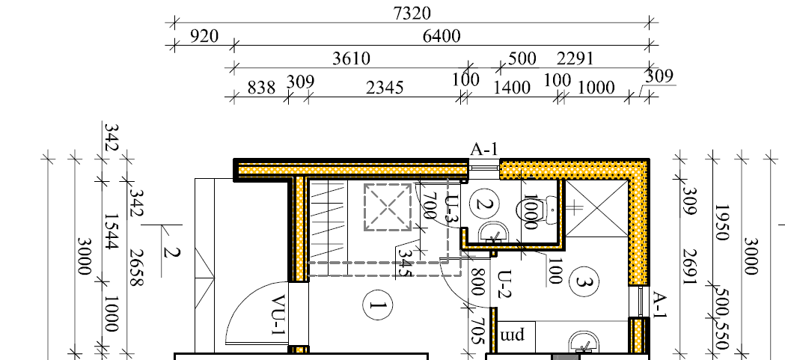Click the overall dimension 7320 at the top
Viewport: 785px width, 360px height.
click(412, 13)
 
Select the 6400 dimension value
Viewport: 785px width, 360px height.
click(442, 36)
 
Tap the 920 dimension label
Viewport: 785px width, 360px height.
click(204, 36)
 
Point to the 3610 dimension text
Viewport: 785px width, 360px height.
click(352, 58)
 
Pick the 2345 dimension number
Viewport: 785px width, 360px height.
click(385, 88)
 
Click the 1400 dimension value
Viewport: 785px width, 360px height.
click(512, 88)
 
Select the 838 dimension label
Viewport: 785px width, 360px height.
click(261, 88)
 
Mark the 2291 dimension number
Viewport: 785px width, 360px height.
click(575, 58)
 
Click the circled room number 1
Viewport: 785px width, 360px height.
click(377, 305)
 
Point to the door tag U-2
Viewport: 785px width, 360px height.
click(506, 284)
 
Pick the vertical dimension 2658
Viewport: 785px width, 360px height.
click(137, 268)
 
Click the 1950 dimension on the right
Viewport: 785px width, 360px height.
click(721, 222)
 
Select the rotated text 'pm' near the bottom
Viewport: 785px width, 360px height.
click(512, 334)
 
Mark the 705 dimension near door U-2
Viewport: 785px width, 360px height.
click(477, 331)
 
